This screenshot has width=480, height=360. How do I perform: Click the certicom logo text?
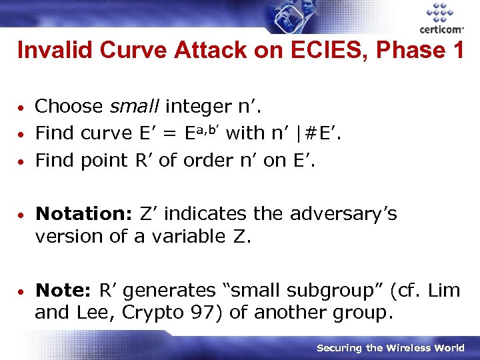click(x=441, y=29)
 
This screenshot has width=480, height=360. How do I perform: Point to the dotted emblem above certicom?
click(x=439, y=12)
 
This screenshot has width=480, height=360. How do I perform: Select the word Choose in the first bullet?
click(x=69, y=106)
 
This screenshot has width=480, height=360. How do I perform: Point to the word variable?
click(x=188, y=237)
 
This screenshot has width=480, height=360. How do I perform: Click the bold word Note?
click(x=63, y=291)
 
